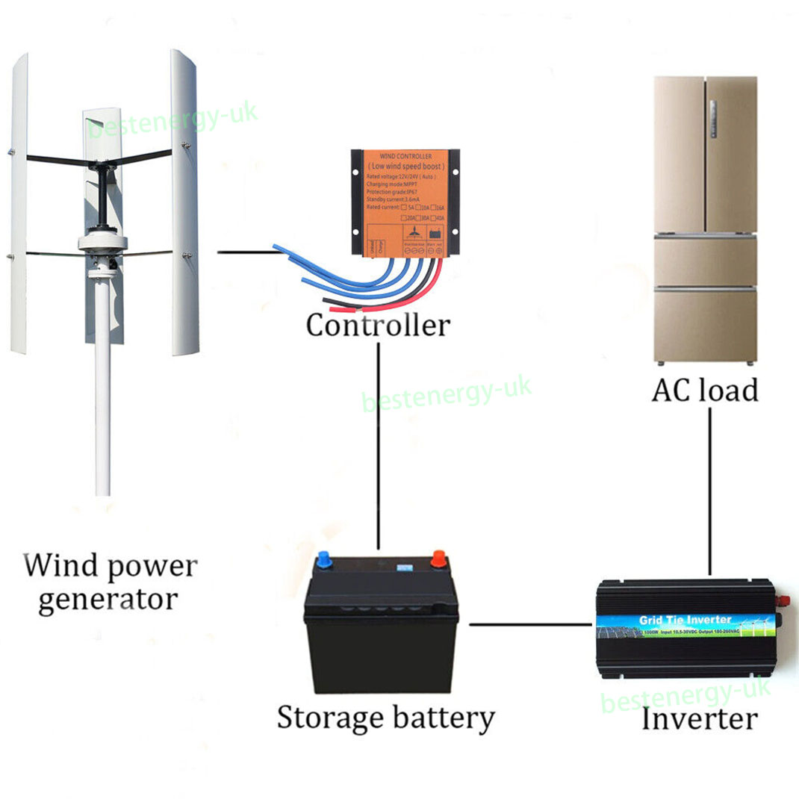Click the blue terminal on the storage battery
tap(324, 559)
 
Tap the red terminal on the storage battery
tap(438, 559)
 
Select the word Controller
tap(378, 325)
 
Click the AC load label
tap(704, 390)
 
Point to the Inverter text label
tap(699, 718)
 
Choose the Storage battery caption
tap(385, 718)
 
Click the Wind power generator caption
tap(110, 582)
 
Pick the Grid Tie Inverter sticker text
tap(685, 620)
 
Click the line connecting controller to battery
tap(379, 448)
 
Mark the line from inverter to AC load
tap(709, 493)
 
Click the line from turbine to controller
tap(246, 252)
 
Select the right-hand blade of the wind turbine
tap(184, 202)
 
